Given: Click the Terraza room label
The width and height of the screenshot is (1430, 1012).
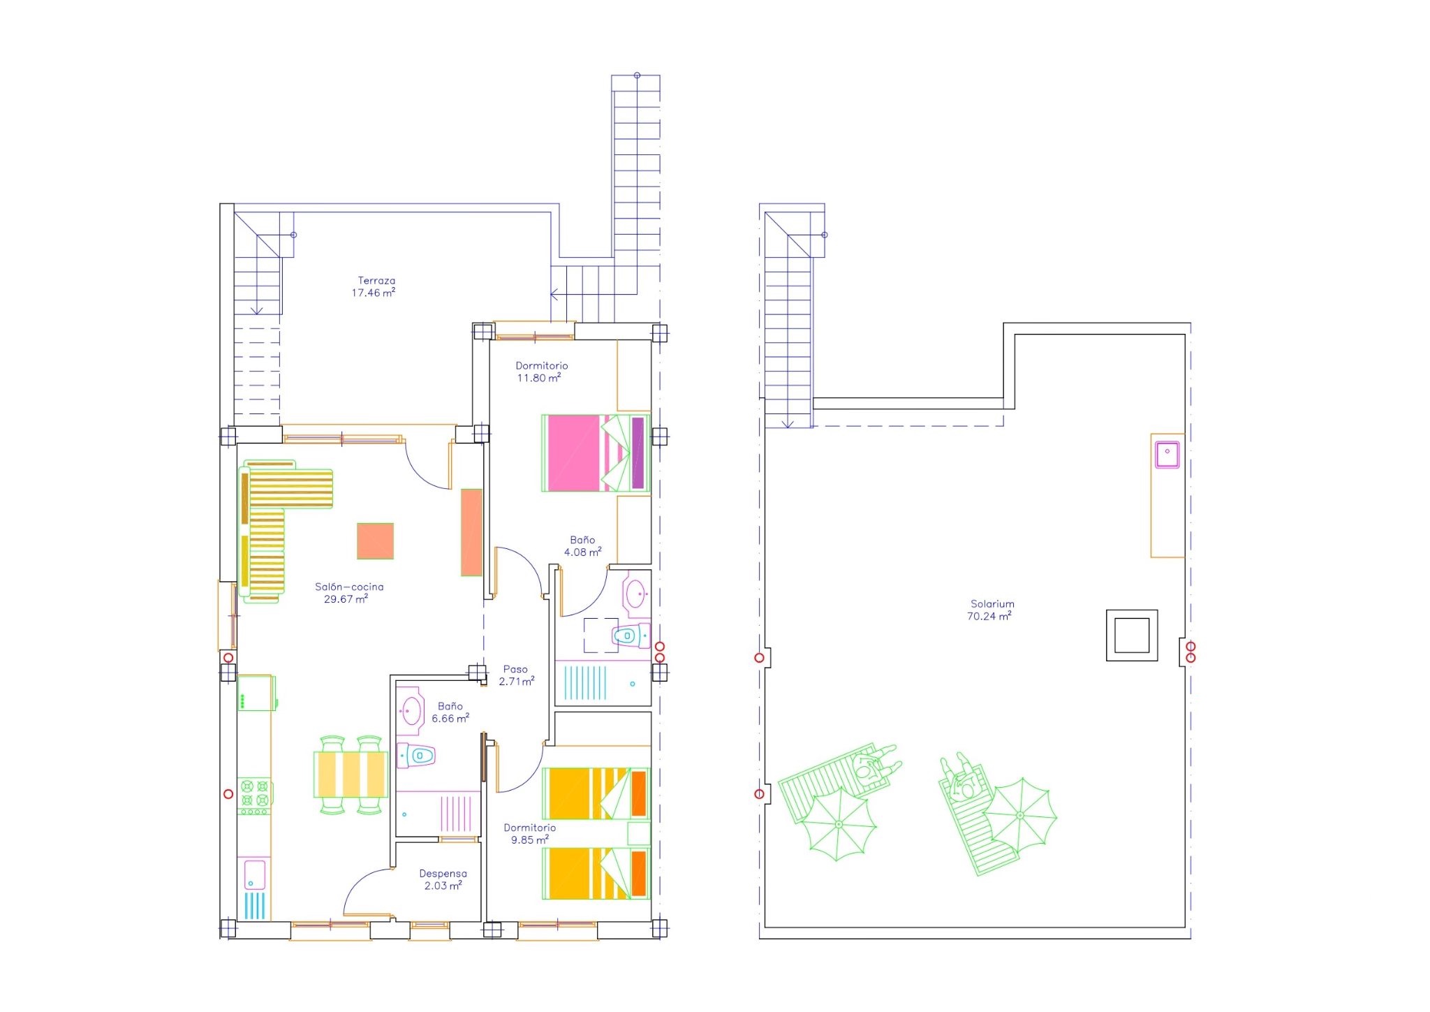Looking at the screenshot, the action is (x=376, y=281).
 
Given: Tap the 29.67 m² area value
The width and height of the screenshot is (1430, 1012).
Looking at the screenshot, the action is (x=346, y=599).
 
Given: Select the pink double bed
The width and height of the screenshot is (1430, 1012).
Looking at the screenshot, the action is (x=596, y=453).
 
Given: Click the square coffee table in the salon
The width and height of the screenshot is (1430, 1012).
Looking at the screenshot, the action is (x=375, y=541).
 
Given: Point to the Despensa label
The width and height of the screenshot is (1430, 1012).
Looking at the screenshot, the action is (x=443, y=873).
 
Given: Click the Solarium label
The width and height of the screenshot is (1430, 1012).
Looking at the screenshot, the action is (x=992, y=604).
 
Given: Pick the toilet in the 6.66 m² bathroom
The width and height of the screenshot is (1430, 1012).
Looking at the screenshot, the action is (x=416, y=755).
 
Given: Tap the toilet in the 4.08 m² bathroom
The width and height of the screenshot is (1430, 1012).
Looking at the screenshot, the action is (x=631, y=636).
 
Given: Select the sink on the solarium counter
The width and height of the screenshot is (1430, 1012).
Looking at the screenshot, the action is (x=1167, y=455).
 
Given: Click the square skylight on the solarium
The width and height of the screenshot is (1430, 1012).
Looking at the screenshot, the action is (x=1132, y=636).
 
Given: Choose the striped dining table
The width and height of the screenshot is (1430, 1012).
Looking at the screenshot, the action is (x=350, y=774).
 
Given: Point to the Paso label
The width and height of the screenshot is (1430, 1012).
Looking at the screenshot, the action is (x=515, y=669).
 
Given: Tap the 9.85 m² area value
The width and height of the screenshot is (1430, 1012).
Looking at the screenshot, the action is (x=529, y=839).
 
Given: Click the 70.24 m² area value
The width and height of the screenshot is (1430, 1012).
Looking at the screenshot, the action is (x=989, y=616).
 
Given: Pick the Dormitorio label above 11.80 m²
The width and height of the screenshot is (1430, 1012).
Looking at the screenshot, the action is (x=542, y=365).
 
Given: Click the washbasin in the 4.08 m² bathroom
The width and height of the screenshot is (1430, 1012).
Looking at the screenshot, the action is (x=635, y=594).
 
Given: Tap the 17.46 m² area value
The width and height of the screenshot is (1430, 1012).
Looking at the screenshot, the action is (x=374, y=293).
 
